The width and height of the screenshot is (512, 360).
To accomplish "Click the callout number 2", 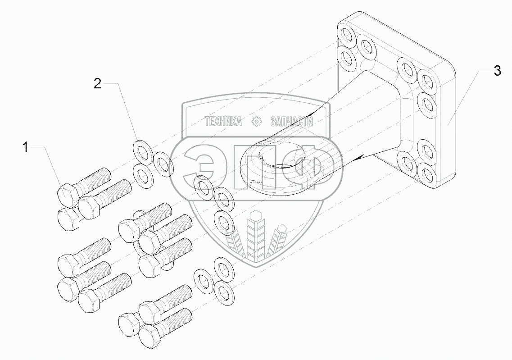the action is tap(97, 83).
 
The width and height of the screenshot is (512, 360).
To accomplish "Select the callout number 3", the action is tap(497, 71).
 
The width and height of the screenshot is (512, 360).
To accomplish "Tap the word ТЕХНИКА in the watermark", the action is tap(223, 122).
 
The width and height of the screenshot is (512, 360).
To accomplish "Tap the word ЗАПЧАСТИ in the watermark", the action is tap(292, 122).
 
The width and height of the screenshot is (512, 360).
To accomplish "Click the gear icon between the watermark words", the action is tap(256, 122).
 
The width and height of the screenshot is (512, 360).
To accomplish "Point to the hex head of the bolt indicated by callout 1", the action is tap(68, 196).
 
